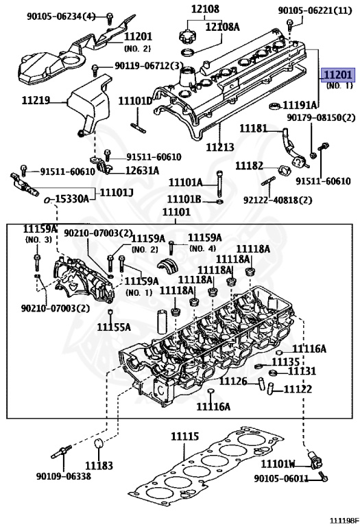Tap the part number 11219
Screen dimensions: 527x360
click(x=36, y=100)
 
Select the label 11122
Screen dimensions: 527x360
click(x=298, y=389)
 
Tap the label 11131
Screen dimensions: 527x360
click(x=302, y=371)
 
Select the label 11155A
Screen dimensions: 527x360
click(x=113, y=327)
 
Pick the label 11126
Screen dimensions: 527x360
click(x=233, y=382)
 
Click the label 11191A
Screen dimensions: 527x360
click(x=302, y=105)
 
